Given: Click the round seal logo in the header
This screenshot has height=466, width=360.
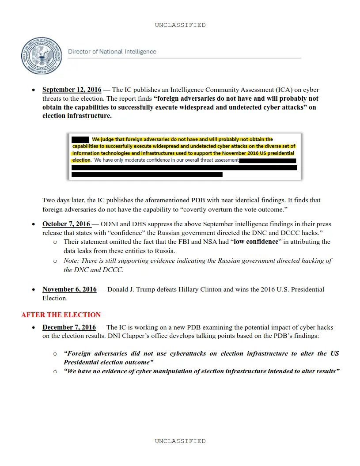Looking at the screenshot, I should (x=41, y=55).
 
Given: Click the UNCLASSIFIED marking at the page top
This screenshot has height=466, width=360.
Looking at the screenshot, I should (x=180, y=25).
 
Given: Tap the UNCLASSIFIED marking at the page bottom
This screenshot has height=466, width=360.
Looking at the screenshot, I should (x=180, y=441).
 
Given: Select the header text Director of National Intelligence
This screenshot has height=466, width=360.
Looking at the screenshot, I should (x=112, y=52).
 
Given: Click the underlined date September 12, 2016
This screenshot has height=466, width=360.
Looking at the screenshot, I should (x=72, y=90).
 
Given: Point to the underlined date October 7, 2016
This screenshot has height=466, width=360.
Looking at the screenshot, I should (x=66, y=224).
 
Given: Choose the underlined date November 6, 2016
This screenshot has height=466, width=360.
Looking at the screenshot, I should (x=69, y=290).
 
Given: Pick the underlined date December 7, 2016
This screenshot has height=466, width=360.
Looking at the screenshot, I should (x=69, y=328).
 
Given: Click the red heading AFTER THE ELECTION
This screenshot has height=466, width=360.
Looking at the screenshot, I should (x=61, y=315).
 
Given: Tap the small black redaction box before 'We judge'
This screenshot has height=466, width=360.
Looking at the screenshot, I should (x=80, y=139).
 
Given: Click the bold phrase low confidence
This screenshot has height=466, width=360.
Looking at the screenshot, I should (x=256, y=242).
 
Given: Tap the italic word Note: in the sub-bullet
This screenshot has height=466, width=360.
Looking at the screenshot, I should (x=72, y=261).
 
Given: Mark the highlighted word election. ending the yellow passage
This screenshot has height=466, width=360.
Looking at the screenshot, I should (x=82, y=160).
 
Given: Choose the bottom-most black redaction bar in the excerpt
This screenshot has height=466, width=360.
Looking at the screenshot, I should (x=147, y=174).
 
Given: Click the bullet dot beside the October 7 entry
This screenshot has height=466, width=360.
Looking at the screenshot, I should (x=34, y=224).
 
